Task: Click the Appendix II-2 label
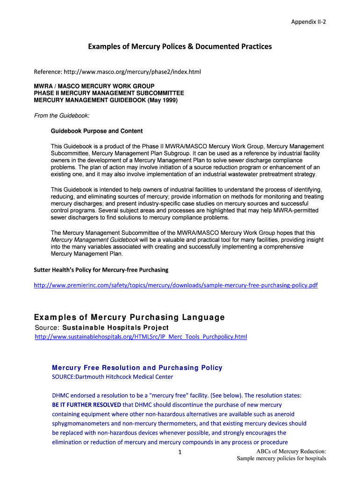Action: [x=308, y=22]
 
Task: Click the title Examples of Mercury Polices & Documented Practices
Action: [x=180, y=46]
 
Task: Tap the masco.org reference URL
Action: [x=117, y=72]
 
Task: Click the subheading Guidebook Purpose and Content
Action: [x=96, y=131]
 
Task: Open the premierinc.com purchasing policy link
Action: [x=175, y=285]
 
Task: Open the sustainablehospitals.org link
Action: [x=141, y=337]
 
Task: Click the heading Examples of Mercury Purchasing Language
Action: [x=130, y=318]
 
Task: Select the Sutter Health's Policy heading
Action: [x=101, y=270]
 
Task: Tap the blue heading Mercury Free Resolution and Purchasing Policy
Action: [x=137, y=368]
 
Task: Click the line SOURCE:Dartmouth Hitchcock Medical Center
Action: [x=112, y=377]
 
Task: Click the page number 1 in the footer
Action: [x=180, y=452]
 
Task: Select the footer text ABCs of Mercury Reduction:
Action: [x=291, y=451]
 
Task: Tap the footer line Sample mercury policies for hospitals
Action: [x=281, y=459]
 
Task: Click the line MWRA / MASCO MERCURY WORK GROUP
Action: [x=94, y=86]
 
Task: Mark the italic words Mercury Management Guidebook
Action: [x=94, y=240]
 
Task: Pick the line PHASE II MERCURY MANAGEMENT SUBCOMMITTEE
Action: [x=109, y=93]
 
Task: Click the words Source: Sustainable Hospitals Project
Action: [x=101, y=327]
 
